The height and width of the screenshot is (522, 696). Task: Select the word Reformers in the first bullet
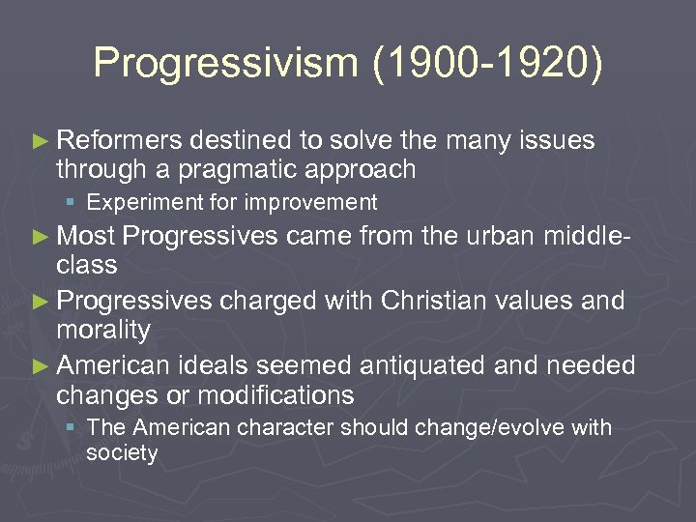[120, 141]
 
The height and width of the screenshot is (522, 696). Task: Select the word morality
[103, 331]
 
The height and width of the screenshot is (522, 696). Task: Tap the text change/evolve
[497, 427]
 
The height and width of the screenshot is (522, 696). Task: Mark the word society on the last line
[121, 452]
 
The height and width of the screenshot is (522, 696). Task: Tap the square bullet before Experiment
[73, 203]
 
